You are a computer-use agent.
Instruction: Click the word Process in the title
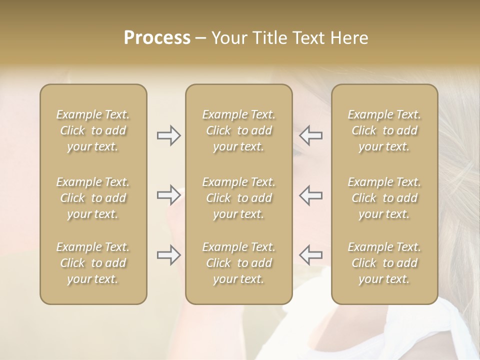point(157,38)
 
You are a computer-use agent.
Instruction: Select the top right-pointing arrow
point(168,135)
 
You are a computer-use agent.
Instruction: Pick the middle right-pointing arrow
point(168,195)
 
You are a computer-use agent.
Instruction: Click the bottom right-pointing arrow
point(168,255)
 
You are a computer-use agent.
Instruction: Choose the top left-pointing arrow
point(311,135)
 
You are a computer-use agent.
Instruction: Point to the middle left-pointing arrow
point(311,195)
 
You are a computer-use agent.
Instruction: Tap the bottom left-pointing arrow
point(311,255)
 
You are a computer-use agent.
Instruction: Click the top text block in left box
point(93,130)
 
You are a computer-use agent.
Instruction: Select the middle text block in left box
point(93,198)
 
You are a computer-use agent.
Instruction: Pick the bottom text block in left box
point(93,263)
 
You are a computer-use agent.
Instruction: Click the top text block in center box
point(239,130)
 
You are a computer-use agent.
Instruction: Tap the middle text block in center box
point(239,198)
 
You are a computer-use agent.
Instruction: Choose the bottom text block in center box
point(239,263)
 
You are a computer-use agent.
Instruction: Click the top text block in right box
point(384,130)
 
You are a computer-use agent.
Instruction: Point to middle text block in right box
point(384,198)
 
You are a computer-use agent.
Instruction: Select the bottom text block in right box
point(384,263)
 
